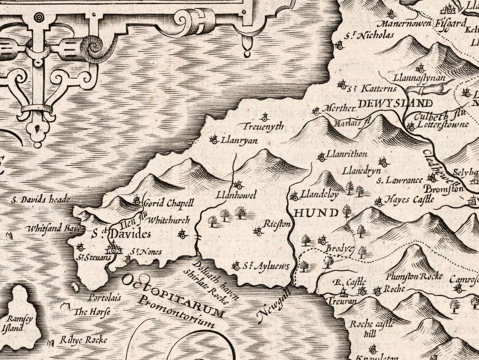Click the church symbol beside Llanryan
pyautogui.click(x=214, y=140)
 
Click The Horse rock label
pyautogui.click(x=88, y=312)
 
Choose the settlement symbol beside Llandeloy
pyautogui.click(x=294, y=197)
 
